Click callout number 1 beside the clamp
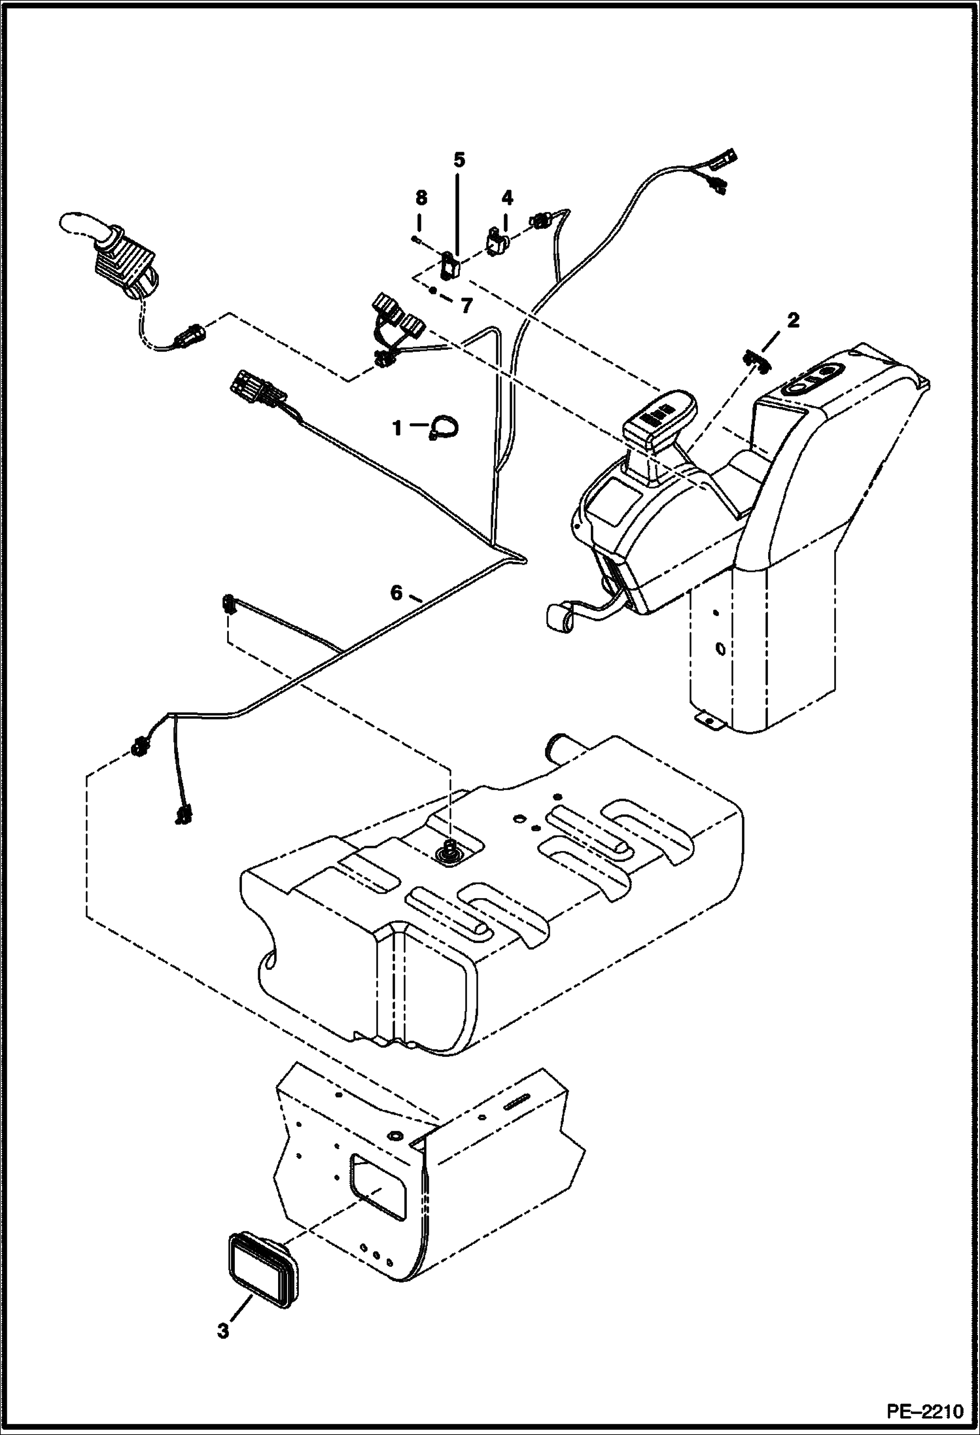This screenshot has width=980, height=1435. (396, 428)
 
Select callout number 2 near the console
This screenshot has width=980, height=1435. (792, 320)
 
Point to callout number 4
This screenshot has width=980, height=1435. (508, 197)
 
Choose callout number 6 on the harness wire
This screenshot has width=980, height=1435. (396, 593)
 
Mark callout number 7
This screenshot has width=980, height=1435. (465, 306)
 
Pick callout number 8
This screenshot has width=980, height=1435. (421, 197)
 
